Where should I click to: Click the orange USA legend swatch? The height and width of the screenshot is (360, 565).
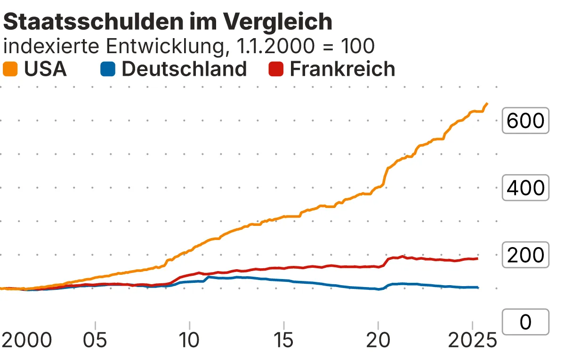pyautogui.click(x=10, y=69)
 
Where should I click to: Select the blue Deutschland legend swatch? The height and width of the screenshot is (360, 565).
pyautogui.click(x=107, y=69)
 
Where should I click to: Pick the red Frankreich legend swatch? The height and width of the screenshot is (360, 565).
pyautogui.click(x=276, y=69)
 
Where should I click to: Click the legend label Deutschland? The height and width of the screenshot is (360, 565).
pyautogui.click(x=184, y=69)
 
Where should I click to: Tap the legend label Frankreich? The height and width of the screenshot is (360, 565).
pyautogui.click(x=342, y=69)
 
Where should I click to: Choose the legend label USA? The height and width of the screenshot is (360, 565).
pyautogui.click(x=45, y=69)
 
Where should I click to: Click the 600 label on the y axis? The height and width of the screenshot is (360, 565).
pyautogui.click(x=525, y=121)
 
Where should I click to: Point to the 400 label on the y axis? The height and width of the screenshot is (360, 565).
pyautogui.click(x=525, y=188)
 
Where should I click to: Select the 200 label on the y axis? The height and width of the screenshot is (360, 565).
pyautogui.click(x=525, y=255)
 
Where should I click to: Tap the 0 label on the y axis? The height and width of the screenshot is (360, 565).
pyautogui.click(x=525, y=322)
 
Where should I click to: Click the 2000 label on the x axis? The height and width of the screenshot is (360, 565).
pyautogui.click(x=26, y=340)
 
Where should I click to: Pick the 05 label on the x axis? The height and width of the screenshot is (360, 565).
pyautogui.click(x=96, y=340)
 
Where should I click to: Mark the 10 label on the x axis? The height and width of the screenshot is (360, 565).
pyautogui.click(x=189, y=340)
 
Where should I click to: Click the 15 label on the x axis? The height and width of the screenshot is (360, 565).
pyautogui.click(x=283, y=340)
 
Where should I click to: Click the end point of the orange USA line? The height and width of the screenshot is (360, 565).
pyautogui.click(x=487, y=104)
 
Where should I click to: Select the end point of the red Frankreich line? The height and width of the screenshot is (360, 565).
pyautogui.click(x=477, y=258)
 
